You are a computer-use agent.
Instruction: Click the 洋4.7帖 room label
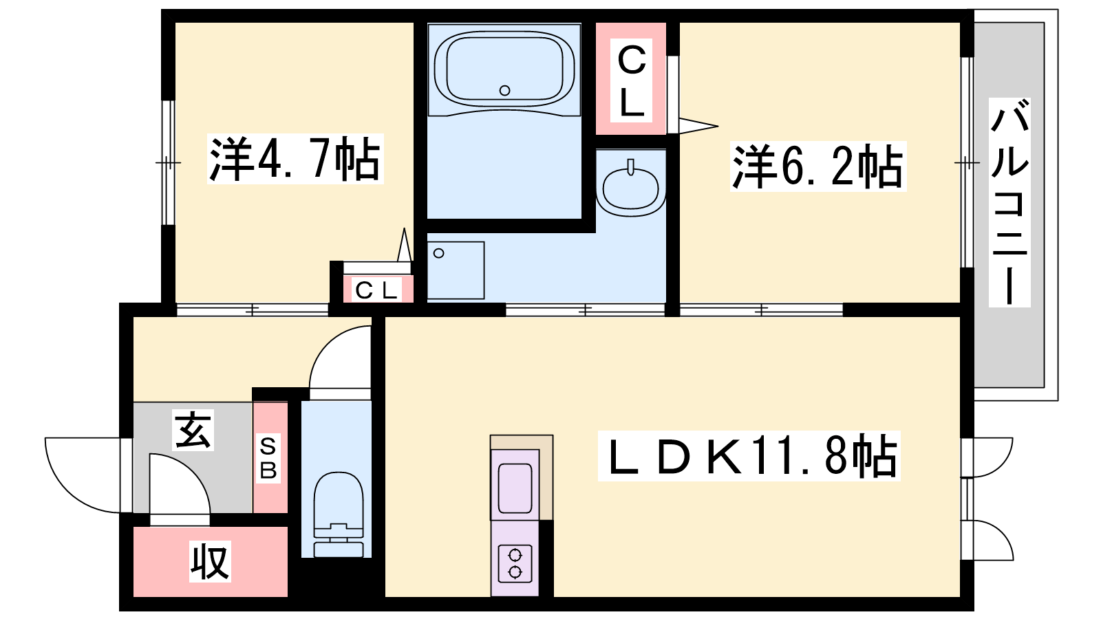tap(295, 158)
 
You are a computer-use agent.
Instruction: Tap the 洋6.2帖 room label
tap(818, 166)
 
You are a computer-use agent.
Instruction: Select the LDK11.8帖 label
tap(749, 455)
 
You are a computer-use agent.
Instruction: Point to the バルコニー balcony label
tap(1009, 202)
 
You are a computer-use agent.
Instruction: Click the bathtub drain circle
tap(504, 90)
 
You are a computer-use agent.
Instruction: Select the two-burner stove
tap(515, 563)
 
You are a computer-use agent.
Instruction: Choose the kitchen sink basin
tap(515, 488)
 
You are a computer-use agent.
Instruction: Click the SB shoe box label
tap(268, 458)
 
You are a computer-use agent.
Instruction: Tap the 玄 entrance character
tap(193, 430)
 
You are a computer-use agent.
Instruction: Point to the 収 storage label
tap(210, 561)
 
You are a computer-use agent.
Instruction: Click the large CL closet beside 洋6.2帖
tap(631, 78)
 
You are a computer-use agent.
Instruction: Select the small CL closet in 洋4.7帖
tap(378, 289)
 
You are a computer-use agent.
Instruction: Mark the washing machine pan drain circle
tap(439, 253)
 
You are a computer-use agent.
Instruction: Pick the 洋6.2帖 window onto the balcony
tap(967, 162)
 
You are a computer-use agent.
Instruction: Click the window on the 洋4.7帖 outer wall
tap(168, 162)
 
